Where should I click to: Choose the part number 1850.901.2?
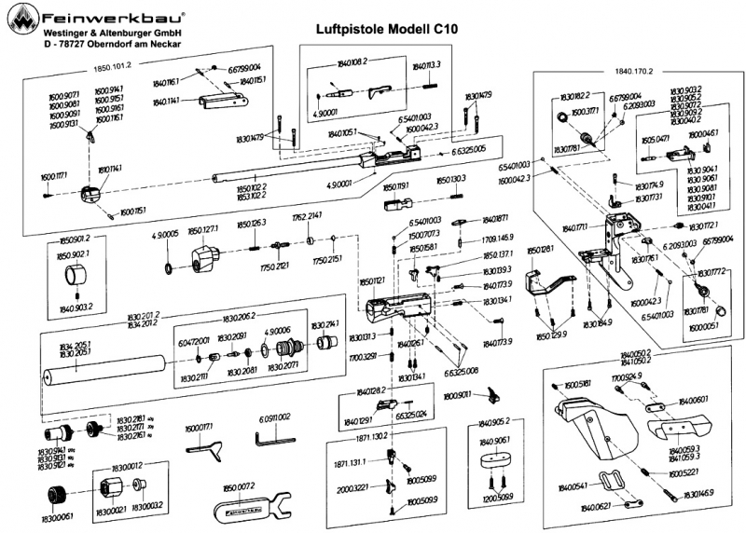point(77,239)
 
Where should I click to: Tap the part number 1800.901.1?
point(461,395)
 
